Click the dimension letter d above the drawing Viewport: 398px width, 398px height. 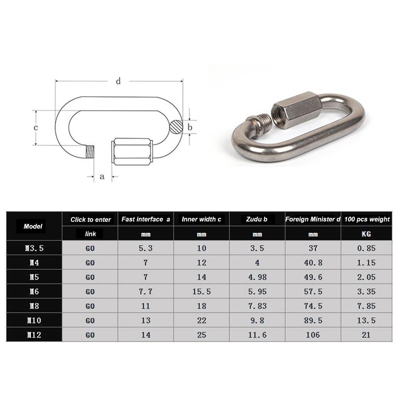[118, 82]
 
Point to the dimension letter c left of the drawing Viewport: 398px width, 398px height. [35, 128]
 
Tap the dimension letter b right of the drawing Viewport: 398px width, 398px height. [190, 128]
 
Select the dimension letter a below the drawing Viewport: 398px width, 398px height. [102, 176]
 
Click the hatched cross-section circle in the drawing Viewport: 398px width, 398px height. [175, 128]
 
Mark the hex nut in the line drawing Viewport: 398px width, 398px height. [133, 151]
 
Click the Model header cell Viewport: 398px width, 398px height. [33, 226]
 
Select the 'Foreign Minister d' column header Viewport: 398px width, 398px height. [313, 219]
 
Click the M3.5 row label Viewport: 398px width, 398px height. [34, 248]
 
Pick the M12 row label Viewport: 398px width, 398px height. [34, 335]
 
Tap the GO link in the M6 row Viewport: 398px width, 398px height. [90, 291]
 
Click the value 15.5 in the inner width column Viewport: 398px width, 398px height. [202, 291]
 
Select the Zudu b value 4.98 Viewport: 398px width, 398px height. [257, 277]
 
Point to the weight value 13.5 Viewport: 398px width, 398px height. [366, 320]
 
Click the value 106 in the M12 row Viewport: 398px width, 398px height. [313, 335]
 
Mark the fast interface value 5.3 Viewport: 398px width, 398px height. [146, 248]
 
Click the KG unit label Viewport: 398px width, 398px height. [366, 234]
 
